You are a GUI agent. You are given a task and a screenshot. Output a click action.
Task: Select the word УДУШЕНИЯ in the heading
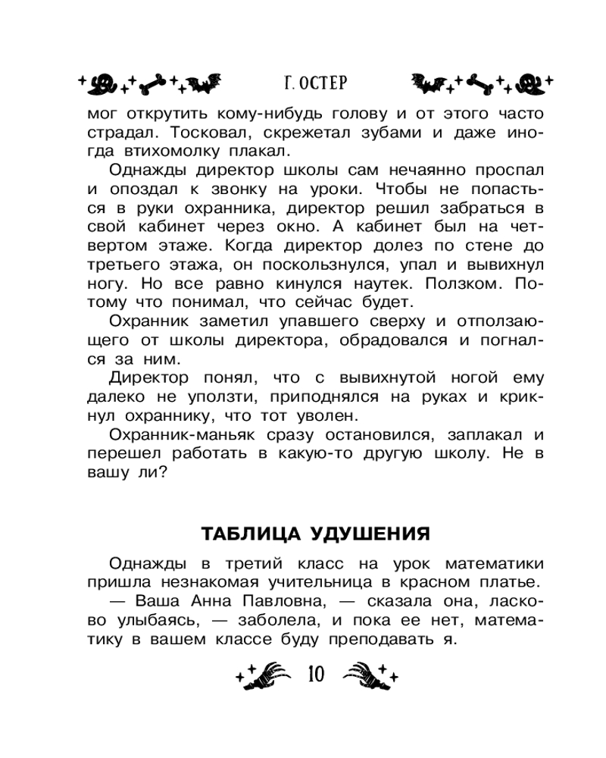pyautogui.click(x=370, y=534)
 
